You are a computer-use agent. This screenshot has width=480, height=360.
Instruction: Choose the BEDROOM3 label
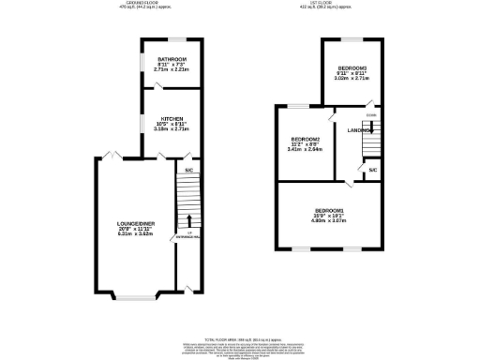(x=352, y=68)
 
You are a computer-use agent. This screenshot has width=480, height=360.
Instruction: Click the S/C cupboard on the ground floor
(x=187, y=171)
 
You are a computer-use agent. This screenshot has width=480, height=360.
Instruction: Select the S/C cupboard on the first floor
(x=372, y=170)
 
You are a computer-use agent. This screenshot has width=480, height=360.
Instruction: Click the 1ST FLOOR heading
(x=329, y=4)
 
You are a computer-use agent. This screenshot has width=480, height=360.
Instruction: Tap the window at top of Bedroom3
(x=352, y=38)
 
